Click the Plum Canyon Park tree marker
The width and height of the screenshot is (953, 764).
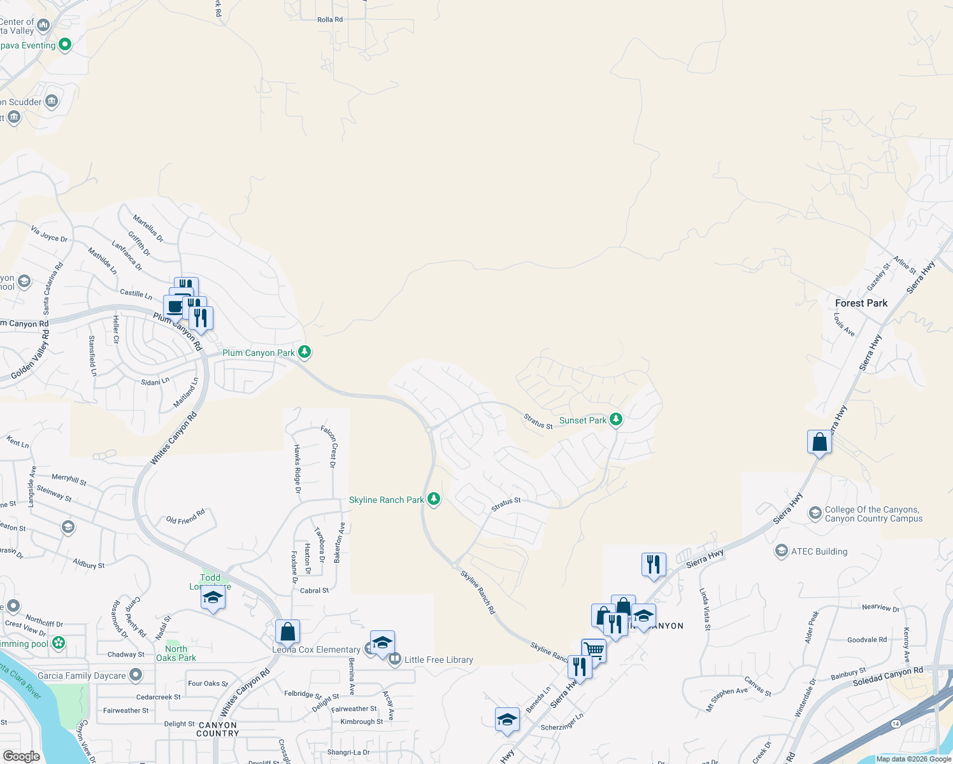click(x=305, y=352)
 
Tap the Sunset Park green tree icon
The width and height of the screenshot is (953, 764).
click(x=615, y=420)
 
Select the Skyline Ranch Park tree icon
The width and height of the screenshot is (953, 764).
click(x=434, y=499)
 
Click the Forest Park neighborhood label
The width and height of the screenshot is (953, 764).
click(x=861, y=303)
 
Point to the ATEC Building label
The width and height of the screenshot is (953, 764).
click(x=819, y=551)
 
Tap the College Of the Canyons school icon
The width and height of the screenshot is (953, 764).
click(x=815, y=513)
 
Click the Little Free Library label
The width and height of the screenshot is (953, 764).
click(x=438, y=660)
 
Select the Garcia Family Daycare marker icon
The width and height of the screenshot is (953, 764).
click(x=135, y=675)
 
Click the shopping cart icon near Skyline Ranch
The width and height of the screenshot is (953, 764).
click(x=593, y=650)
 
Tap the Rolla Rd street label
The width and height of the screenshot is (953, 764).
click(x=330, y=20)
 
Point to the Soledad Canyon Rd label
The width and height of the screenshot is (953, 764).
click(x=887, y=677)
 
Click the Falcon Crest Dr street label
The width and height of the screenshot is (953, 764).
click(x=329, y=446)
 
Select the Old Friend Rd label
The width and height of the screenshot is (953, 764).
click(x=185, y=516)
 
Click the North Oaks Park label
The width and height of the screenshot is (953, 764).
click(x=176, y=653)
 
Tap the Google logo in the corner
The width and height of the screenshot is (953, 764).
click(x=21, y=756)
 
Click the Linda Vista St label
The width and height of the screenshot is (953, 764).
click(x=705, y=609)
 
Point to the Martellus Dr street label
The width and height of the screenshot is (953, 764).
click(x=148, y=229)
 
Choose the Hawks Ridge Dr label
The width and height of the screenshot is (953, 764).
click(x=297, y=469)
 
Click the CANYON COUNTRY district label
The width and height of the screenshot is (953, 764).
click(x=218, y=729)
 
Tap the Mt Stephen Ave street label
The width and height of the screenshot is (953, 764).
click(x=727, y=699)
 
